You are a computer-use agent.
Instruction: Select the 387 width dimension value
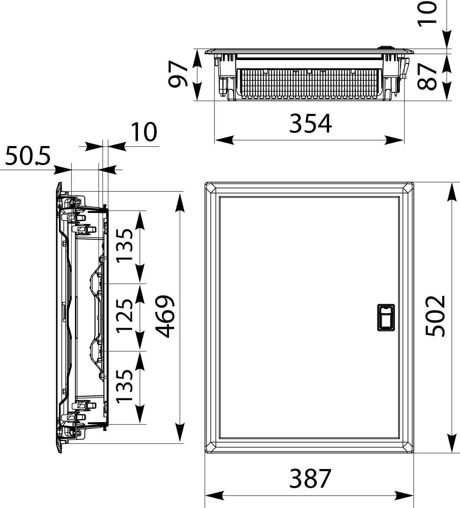tap(310, 479)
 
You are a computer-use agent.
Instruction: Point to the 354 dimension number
tap(310, 124)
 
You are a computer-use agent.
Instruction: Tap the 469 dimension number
tap(165, 316)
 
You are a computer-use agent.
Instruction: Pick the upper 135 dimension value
tap(126, 246)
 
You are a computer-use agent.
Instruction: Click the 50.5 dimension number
tap(28, 156)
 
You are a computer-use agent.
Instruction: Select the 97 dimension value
tap(178, 75)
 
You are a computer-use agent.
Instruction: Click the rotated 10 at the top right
tap(428, 13)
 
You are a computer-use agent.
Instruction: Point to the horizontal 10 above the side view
tap(144, 133)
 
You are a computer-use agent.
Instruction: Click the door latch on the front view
tap(385, 317)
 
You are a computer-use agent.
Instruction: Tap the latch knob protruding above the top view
tap(386, 48)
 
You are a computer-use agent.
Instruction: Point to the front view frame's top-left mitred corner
tap(210, 187)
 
